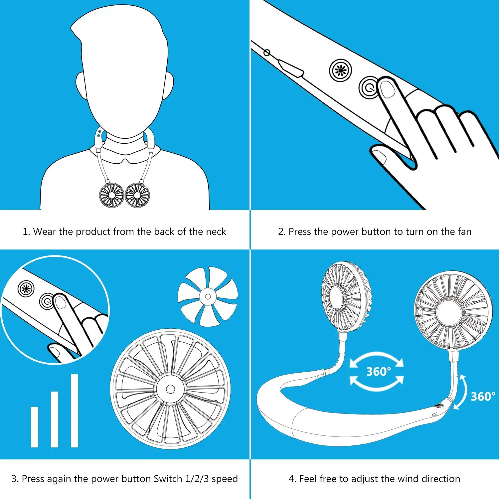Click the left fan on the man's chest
[112, 195]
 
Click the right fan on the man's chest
[137, 195]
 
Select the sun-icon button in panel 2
[340, 70]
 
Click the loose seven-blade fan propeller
[208, 296]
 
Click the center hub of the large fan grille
[170, 389]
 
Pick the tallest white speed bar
[75, 411]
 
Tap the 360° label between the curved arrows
[378, 372]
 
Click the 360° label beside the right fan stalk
[483, 397]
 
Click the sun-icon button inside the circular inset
[26, 288]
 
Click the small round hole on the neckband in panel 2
[266, 53]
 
